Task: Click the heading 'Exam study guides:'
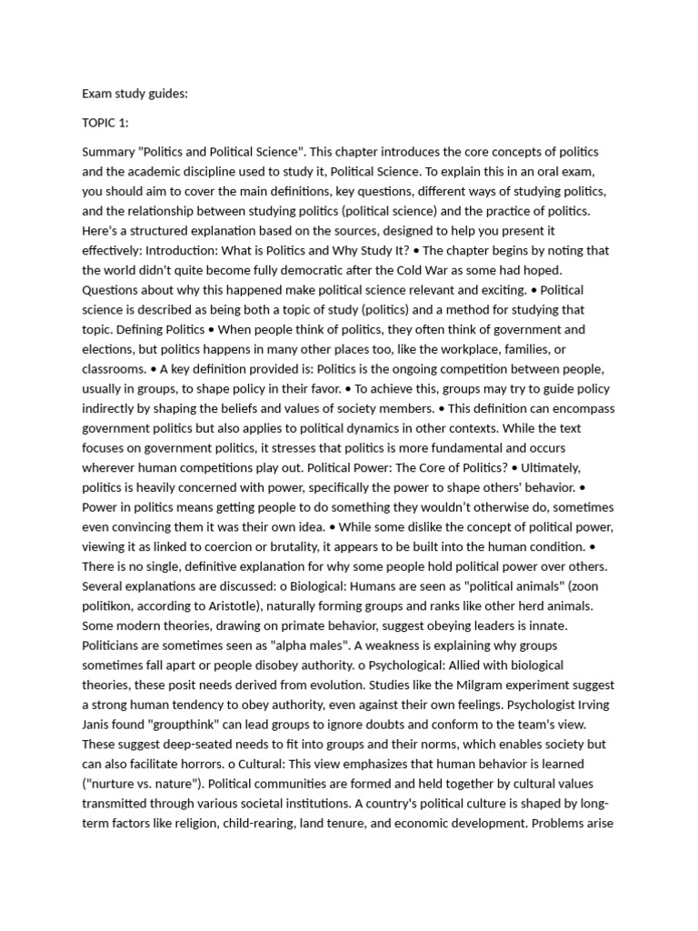(x=135, y=93)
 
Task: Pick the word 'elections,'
(x=113, y=349)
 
